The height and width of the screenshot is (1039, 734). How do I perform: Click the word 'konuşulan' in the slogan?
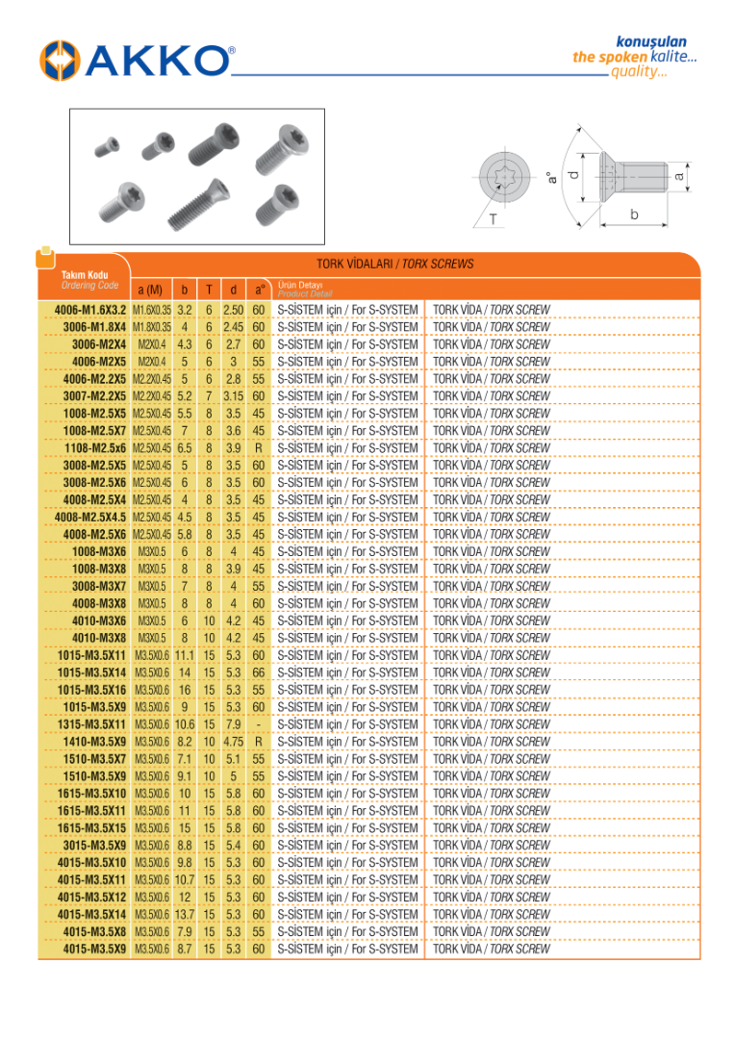[651, 41]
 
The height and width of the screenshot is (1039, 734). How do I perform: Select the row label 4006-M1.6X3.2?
[85, 310]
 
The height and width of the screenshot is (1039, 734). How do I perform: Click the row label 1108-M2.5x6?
[95, 448]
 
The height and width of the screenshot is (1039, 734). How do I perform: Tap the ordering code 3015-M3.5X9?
[94, 846]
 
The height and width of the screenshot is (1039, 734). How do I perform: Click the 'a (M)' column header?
[149, 289]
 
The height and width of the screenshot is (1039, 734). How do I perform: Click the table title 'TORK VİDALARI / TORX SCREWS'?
[394, 264]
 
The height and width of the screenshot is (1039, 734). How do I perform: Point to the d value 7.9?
[233, 724]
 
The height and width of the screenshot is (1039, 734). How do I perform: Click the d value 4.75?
[233, 742]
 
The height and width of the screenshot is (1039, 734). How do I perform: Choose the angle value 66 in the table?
[258, 672]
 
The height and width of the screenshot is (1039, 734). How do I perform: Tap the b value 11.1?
[185, 655]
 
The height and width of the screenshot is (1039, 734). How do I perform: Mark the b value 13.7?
[185, 915]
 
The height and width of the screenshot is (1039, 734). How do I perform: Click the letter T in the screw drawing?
[493, 220]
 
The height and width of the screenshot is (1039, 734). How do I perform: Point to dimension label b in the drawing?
[634, 215]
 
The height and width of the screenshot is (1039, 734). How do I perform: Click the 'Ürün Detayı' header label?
[300, 285]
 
